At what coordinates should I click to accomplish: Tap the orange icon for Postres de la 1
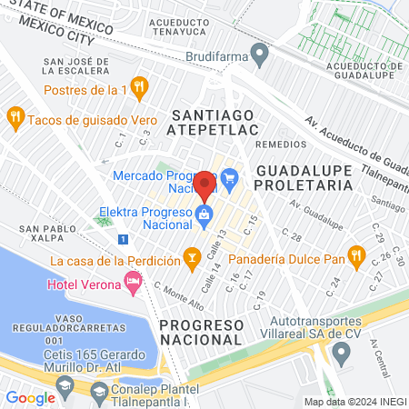[138, 87]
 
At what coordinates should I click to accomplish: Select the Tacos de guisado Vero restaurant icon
[15, 118]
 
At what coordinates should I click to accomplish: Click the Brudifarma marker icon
[259, 55]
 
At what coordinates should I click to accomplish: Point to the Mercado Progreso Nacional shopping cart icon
[228, 176]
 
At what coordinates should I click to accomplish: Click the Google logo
[30, 397]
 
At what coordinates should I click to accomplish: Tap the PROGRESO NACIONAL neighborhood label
[202, 332]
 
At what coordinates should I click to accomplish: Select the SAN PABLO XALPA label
[42, 235]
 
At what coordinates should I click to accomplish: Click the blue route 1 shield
[123, 239]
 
